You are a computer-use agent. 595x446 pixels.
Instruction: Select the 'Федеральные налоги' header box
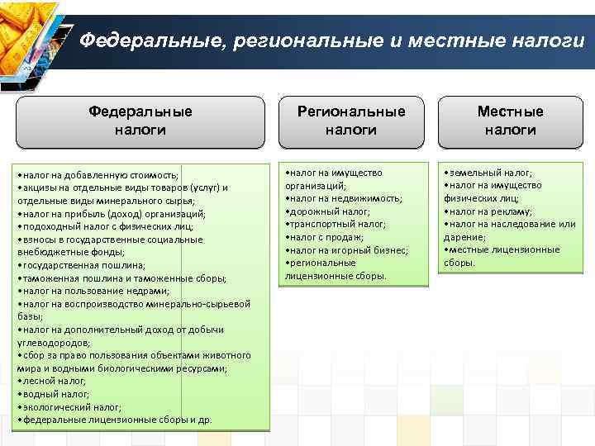140,121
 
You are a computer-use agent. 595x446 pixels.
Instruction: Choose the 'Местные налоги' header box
510,121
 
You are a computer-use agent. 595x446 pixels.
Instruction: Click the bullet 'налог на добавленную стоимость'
98,175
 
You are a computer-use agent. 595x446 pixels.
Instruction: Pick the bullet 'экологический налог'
69,406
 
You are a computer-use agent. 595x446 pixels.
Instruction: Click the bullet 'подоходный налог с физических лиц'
104,226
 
